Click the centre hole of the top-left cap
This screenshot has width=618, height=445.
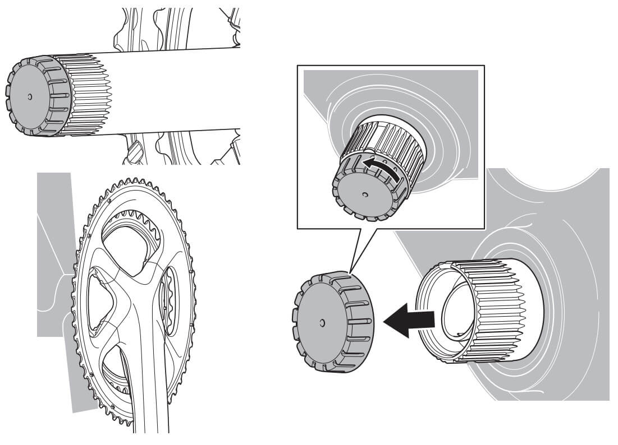(30, 96)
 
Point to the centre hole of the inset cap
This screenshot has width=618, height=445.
(365, 195)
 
